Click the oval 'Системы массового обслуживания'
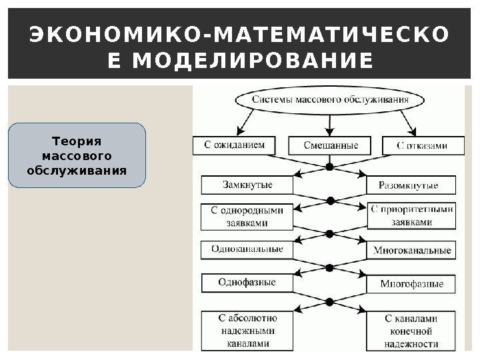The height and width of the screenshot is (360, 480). [x=330, y=101]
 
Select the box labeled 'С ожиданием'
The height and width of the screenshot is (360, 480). [x=237, y=145]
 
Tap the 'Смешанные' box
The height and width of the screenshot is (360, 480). [x=331, y=145]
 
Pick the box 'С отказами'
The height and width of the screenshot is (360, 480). [x=423, y=145]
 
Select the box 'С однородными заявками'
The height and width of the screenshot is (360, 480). [x=247, y=216]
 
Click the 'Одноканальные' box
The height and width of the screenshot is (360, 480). [x=247, y=249]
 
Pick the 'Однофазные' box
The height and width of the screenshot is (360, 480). [x=247, y=283]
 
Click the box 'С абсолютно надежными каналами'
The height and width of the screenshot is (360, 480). [x=247, y=330]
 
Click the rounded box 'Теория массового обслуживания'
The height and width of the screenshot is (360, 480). [x=77, y=154]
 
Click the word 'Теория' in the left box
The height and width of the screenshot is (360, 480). [x=76, y=141]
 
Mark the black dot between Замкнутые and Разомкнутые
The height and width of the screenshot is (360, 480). [x=329, y=167]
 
